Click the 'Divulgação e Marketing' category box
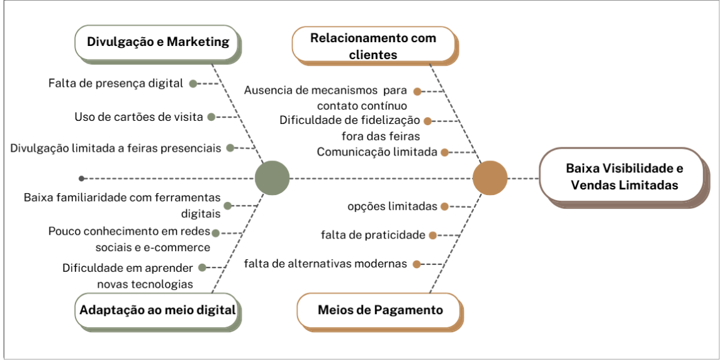coord(157,42)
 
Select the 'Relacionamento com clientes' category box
coord(373,46)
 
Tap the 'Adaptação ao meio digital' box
coord(157,310)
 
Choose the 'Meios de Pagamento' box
coord(380,310)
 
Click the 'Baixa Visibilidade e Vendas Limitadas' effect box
coord(624,177)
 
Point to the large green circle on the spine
coord(272,178)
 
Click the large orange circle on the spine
coord(490,178)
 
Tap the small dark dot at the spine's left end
coord(82,178)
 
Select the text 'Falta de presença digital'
coord(115,83)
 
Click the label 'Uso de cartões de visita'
coord(138,116)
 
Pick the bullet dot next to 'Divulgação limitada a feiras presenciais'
coord(230,148)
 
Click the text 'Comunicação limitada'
coord(376,152)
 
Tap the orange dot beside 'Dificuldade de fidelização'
coord(427,120)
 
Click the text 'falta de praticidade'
coord(373,235)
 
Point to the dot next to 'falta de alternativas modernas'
coord(417,264)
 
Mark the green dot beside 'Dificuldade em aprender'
coord(202,267)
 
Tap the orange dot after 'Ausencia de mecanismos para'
coord(417,91)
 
